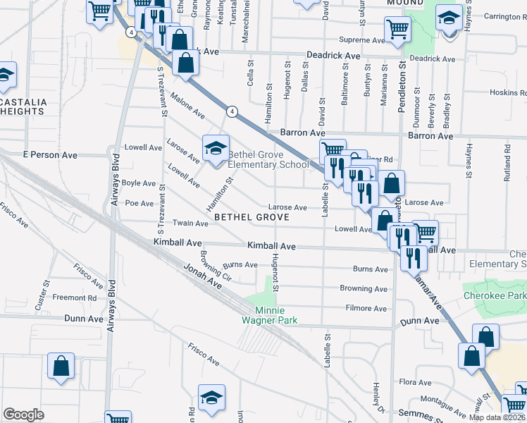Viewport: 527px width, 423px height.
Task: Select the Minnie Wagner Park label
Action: click(275, 315)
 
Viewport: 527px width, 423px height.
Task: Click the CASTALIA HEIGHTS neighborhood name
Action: click(23, 106)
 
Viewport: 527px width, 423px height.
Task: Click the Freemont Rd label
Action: click(74, 298)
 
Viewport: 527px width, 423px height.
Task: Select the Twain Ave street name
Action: click(191, 223)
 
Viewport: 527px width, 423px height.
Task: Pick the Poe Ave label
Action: click(139, 203)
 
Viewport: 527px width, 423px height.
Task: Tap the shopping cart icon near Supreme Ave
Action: click(397, 30)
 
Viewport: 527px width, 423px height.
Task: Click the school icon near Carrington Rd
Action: click(448, 18)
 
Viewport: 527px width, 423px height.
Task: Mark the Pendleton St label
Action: click(403, 85)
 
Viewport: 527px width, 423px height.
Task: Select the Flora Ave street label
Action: click(415, 381)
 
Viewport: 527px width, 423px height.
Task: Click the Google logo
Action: click(23, 415)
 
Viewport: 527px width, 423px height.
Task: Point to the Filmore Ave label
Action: click(366, 308)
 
